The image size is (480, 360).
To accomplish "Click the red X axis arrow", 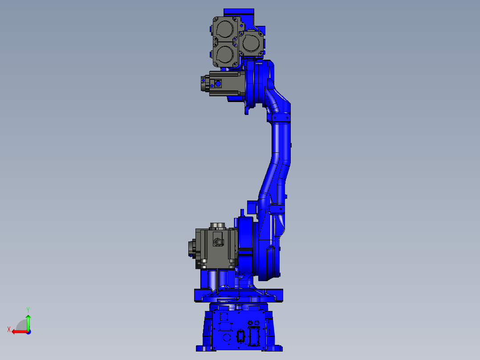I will click(x=19, y=331).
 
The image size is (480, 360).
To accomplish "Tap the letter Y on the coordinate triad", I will click(x=28, y=309).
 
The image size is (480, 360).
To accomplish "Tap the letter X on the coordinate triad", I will click(x=8, y=330).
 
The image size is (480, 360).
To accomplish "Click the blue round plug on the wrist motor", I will click(x=218, y=83).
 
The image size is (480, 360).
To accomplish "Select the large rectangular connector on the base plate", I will click(x=255, y=337).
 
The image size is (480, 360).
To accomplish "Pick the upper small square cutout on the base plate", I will click(x=224, y=316).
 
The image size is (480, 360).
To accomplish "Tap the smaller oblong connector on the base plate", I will click(x=241, y=337).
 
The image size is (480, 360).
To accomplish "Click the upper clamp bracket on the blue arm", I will click(x=281, y=117).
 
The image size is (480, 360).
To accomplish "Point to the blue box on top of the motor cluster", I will click(x=239, y=14).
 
